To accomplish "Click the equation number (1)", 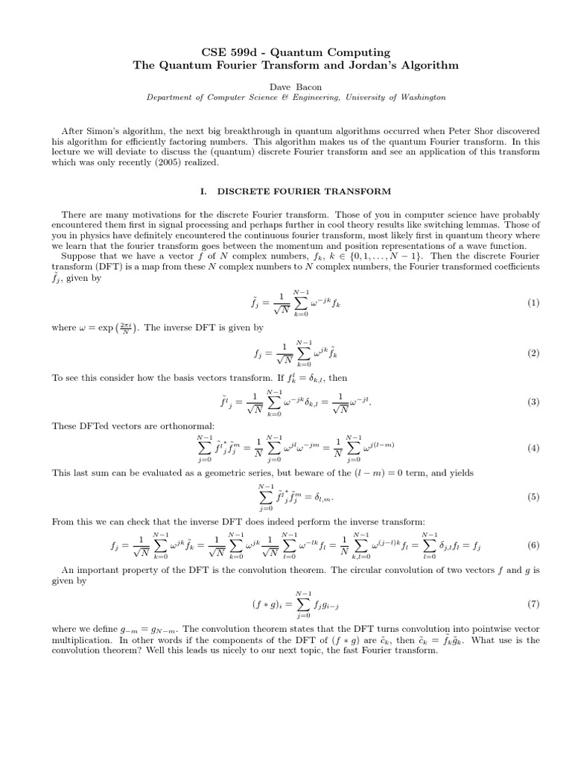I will (x=533, y=303).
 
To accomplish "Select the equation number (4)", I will (x=533, y=448).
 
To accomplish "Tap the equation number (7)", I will (x=533, y=603).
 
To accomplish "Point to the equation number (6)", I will (x=533, y=545).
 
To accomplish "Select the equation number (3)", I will (x=533, y=402).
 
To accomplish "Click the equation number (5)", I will (x=533, y=497).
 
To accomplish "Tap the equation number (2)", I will (x=533, y=352).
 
